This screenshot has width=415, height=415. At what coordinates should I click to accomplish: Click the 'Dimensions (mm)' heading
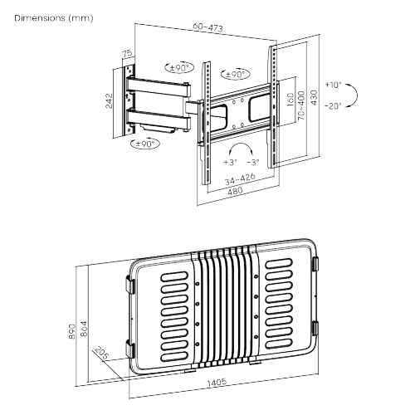click(41, 17)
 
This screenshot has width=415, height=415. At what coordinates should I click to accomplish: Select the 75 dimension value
click(127, 55)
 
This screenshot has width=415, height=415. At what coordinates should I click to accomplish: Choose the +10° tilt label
click(334, 85)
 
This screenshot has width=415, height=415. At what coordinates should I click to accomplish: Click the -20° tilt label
click(334, 105)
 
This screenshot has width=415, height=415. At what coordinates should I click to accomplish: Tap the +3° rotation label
click(229, 163)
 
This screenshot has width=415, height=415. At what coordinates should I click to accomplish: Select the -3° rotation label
click(254, 163)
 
